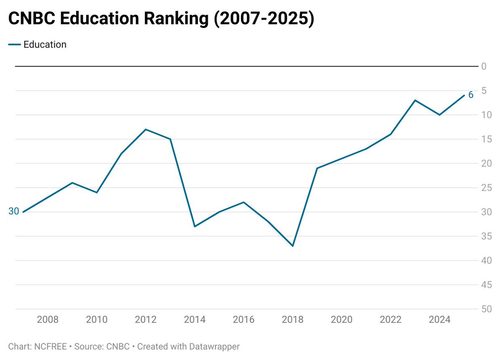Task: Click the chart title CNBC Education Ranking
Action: pos(161,20)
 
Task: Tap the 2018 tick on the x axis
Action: pos(293,320)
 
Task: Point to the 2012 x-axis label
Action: pos(146,320)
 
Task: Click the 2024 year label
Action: pos(440,320)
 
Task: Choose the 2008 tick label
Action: pos(48,320)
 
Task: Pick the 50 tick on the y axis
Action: pos(486,309)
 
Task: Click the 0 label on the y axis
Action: pos(484,66)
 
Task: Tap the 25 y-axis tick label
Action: pos(486,188)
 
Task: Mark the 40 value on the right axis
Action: pos(486,260)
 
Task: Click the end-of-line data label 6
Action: pos(471,95)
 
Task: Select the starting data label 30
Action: pos(14,212)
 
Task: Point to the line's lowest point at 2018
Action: pos(293,246)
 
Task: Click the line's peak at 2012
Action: pos(146,129)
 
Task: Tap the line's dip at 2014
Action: pos(195,227)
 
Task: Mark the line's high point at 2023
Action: pos(415,100)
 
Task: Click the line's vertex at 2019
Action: pos(317,168)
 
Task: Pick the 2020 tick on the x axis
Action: pos(342,320)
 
